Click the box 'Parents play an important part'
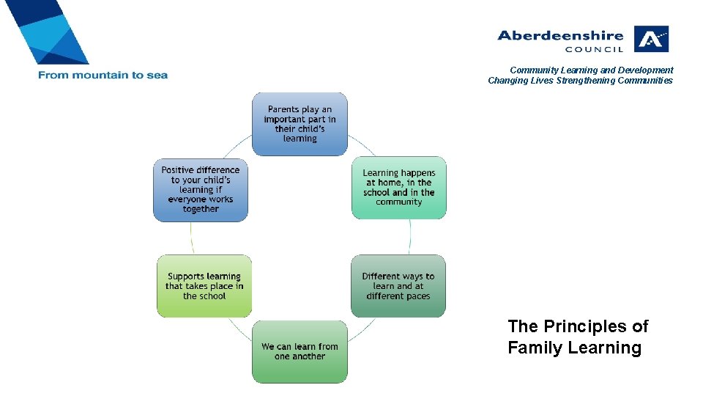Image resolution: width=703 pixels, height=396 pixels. [300, 124]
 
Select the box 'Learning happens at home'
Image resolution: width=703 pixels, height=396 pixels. [398, 188]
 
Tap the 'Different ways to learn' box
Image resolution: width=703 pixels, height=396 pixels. [398, 286]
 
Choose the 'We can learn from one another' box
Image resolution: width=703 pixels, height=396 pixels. [300, 351]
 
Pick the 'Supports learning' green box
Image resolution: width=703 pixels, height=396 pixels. [204, 286]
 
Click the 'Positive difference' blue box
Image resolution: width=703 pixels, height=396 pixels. [200, 189]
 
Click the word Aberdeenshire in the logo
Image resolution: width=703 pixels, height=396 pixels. [560, 35]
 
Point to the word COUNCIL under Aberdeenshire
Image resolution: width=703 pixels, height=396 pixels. [594, 50]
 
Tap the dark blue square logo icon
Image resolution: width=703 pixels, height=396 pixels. [651, 39]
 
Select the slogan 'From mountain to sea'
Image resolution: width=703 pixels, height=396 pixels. [103, 75]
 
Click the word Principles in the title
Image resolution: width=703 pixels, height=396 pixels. [585, 326]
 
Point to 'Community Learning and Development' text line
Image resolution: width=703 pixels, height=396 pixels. [591, 70]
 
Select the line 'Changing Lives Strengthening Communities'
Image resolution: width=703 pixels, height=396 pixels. [580, 81]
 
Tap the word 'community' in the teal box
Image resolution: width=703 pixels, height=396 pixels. [399, 202]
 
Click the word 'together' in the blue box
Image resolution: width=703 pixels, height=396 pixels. [201, 209]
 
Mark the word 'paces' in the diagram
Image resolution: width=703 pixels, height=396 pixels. [416, 296]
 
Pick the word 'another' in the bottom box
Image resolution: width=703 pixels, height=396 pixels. [310, 356]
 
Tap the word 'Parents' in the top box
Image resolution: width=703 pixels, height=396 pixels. [283, 109]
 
